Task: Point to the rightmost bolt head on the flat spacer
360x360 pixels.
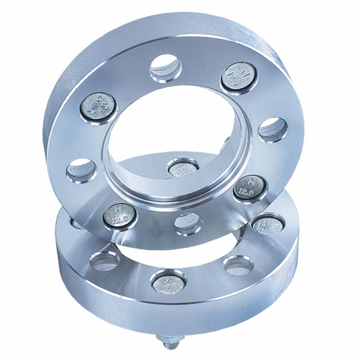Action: pyautogui.click(x=267, y=225)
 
